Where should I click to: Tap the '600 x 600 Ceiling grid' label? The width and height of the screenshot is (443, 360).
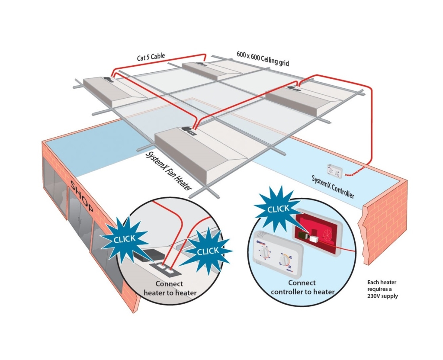coord(263,58)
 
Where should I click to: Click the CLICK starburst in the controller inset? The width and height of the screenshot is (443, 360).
coord(277,209)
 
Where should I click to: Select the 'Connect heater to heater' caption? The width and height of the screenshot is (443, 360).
coord(170,289)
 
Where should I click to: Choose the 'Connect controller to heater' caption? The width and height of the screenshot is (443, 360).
coord(302,287)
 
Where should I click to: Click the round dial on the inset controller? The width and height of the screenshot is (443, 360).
coord(285,260)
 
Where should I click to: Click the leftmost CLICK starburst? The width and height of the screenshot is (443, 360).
coord(123,238)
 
